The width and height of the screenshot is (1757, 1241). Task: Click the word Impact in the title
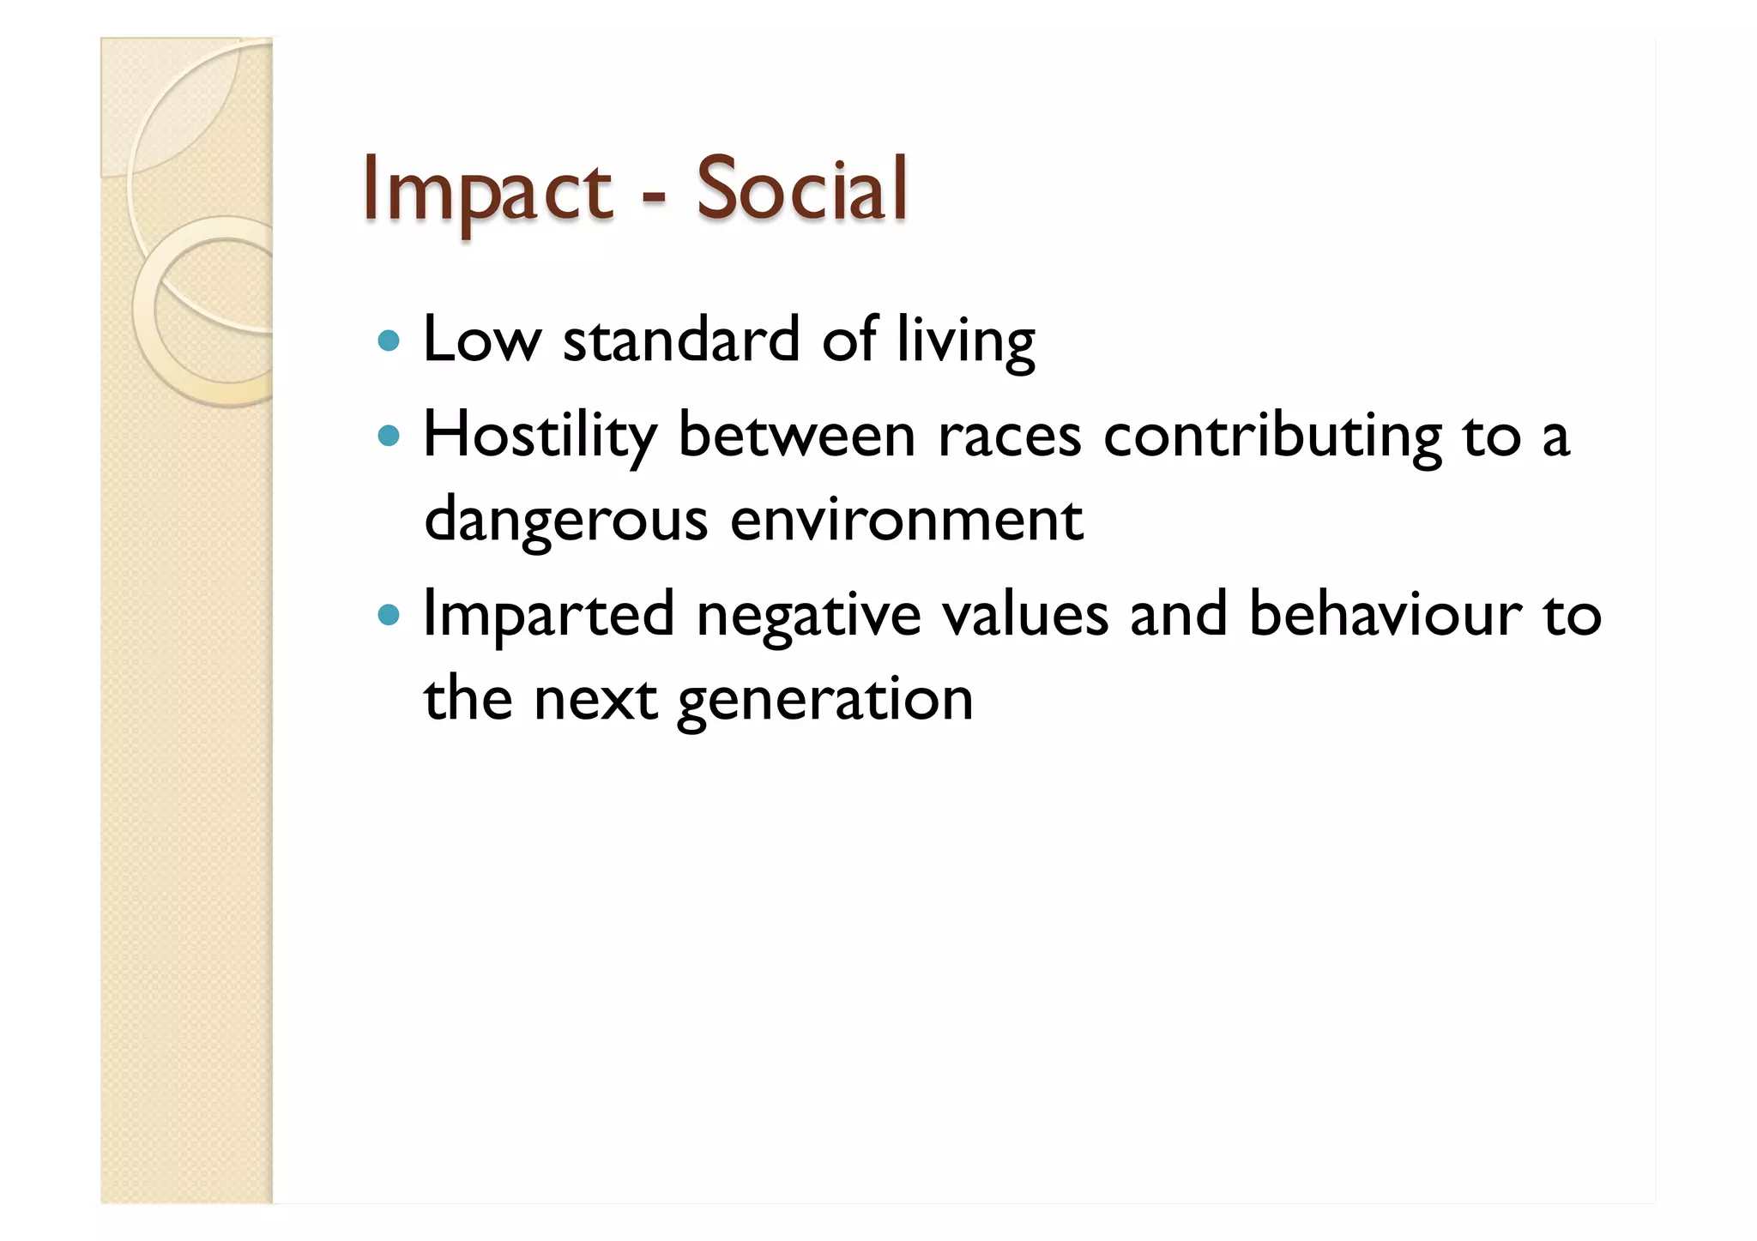coord(486,190)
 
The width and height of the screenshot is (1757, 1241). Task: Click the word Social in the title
coord(801,190)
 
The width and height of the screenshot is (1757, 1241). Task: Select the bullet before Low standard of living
coord(389,341)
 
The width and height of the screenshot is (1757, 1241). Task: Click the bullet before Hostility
coord(389,437)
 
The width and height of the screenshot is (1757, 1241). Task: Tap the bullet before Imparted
coord(389,615)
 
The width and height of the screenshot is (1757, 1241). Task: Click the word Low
coord(483,340)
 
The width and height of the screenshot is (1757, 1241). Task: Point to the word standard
coord(681,340)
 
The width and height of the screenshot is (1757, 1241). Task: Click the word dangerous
coord(566,521)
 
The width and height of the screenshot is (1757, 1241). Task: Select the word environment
coord(906,519)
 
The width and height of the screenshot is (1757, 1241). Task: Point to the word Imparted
coord(549,615)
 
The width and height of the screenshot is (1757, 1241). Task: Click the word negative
coord(808,615)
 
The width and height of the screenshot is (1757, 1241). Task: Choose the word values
coord(1024,614)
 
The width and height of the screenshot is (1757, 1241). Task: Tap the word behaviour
coord(1385,614)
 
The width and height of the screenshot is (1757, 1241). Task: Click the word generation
coord(825,699)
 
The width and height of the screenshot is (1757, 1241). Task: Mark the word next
coord(595,699)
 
